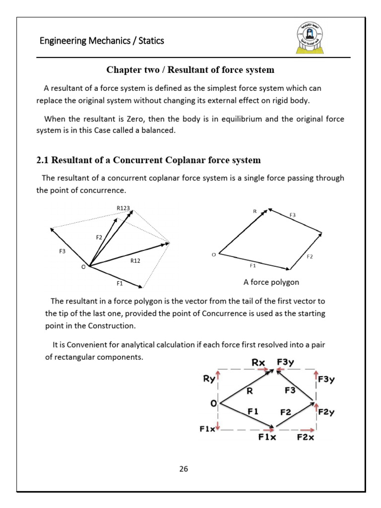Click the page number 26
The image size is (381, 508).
click(184, 468)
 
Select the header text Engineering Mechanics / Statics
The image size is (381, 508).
click(102, 41)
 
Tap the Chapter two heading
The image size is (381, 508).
click(190, 70)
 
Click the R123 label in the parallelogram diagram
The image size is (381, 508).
click(123, 208)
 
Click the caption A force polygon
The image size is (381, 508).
click(271, 282)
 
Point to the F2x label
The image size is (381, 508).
click(306, 437)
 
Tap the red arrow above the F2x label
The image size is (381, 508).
click(307, 430)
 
